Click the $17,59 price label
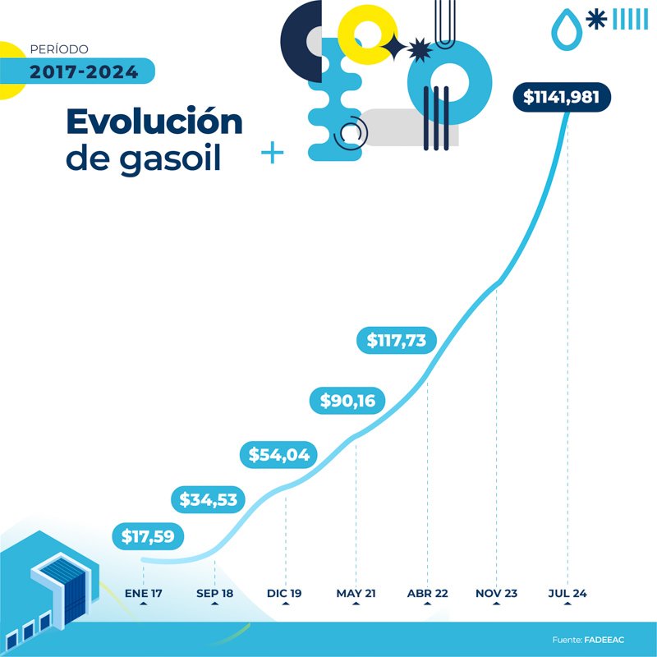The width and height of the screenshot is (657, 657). (x=149, y=537)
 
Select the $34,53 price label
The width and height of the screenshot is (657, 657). (x=214, y=498)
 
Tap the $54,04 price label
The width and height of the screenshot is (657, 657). (x=279, y=455)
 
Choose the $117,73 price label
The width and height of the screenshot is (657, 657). (x=397, y=340)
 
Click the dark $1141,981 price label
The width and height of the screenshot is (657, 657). (x=567, y=97)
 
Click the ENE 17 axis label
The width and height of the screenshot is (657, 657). (x=144, y=593)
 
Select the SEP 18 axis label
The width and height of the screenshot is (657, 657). (x=214, y=593)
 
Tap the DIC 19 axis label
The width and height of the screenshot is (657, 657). (x=285, y=593)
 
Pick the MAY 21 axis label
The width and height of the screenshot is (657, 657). (x=356, y=593)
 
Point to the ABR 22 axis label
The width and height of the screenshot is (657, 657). (x=427, y=593)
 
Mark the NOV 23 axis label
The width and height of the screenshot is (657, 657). (x=497, y=593)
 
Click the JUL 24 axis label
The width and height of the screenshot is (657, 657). (x=567, y=593)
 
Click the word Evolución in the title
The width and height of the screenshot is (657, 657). (x=154, y=122)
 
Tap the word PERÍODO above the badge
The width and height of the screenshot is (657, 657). (x=58, y=49)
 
